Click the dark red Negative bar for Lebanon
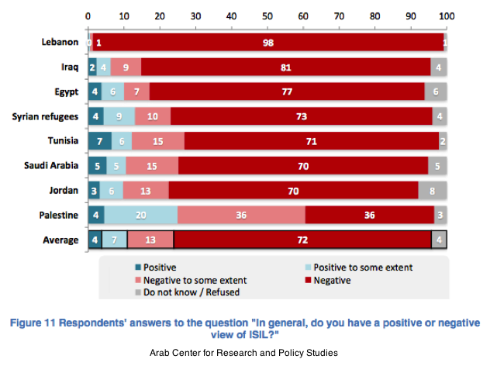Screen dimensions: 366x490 tap(268, 43)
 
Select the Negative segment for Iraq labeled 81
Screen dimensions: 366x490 tap(285, 67)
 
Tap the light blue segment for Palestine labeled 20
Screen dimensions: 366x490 tap(140, 215)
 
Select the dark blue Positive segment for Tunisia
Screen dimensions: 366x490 tap(100, 141)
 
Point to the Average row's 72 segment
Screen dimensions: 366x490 tap(302, 240)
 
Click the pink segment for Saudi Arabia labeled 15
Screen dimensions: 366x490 tap(152, 166)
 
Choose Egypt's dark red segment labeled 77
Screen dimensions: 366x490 tap(286, 92)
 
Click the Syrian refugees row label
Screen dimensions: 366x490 tap(45, 116)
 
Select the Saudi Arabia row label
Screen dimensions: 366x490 tap(51, 166)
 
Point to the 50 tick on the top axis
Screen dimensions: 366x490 tap(267, 16)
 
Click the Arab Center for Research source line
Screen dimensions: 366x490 tap(244, 353)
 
